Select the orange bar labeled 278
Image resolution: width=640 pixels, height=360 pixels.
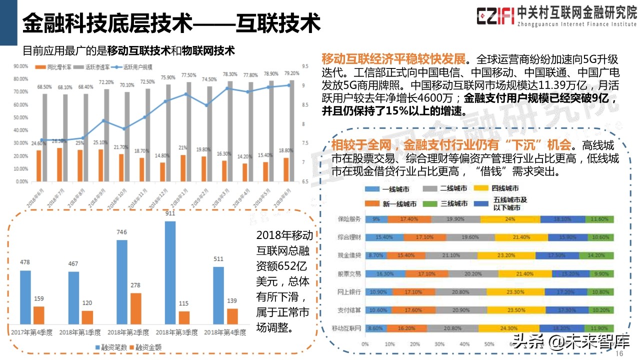135,308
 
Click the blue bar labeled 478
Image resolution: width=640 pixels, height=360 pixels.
25,297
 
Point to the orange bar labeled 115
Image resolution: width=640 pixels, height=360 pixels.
184,317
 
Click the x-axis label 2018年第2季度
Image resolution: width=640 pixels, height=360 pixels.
128,332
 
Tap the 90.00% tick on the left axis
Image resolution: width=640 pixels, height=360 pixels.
20,66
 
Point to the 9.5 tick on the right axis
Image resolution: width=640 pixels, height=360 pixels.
305,66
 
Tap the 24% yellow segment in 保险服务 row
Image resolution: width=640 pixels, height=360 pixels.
510,219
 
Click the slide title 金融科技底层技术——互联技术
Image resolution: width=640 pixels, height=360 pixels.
171,22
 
